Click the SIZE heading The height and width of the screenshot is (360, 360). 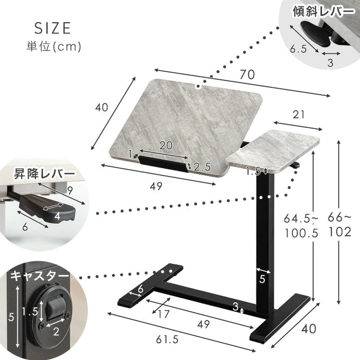(52, 28)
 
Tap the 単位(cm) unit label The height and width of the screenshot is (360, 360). (54, 47)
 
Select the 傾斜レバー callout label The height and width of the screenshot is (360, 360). (323, 11)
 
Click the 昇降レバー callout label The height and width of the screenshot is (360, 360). (45, 174)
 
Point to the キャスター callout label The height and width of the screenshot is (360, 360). (40, 276)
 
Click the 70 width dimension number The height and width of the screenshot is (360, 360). (247, 75)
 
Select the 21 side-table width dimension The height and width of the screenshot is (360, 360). (299, 115)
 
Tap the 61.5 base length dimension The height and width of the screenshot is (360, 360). (167, 339)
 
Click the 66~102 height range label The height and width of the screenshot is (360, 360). (339, 225)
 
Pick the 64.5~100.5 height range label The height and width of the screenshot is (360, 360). (301, 226)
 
